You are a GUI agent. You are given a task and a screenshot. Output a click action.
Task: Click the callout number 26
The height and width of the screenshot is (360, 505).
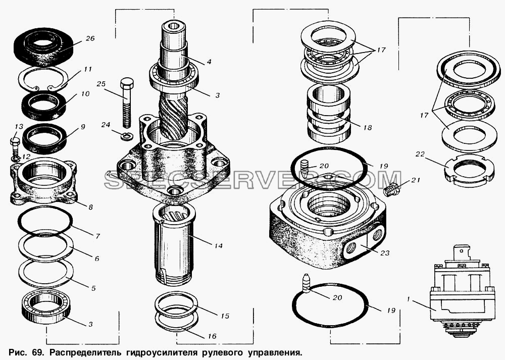pyautogui.click(x=90, y=39)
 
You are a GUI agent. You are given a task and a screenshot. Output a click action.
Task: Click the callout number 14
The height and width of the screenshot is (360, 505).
pyautogui.click(x=218, y=246)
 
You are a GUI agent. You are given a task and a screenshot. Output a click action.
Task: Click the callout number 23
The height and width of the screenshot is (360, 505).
pyautogui.click(x=384, y=253)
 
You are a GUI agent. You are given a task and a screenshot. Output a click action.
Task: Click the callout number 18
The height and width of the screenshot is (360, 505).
pyautogui.click(x=367, y=128)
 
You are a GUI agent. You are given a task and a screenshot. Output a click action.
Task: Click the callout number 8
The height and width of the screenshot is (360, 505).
pyautogui.click(x=90, y=208)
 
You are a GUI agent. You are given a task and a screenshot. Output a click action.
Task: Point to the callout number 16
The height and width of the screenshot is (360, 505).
pyautogui.click(x=212, y=336)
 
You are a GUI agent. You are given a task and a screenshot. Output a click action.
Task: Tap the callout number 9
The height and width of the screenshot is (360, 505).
pyautogui.click(x=83, y=127)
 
